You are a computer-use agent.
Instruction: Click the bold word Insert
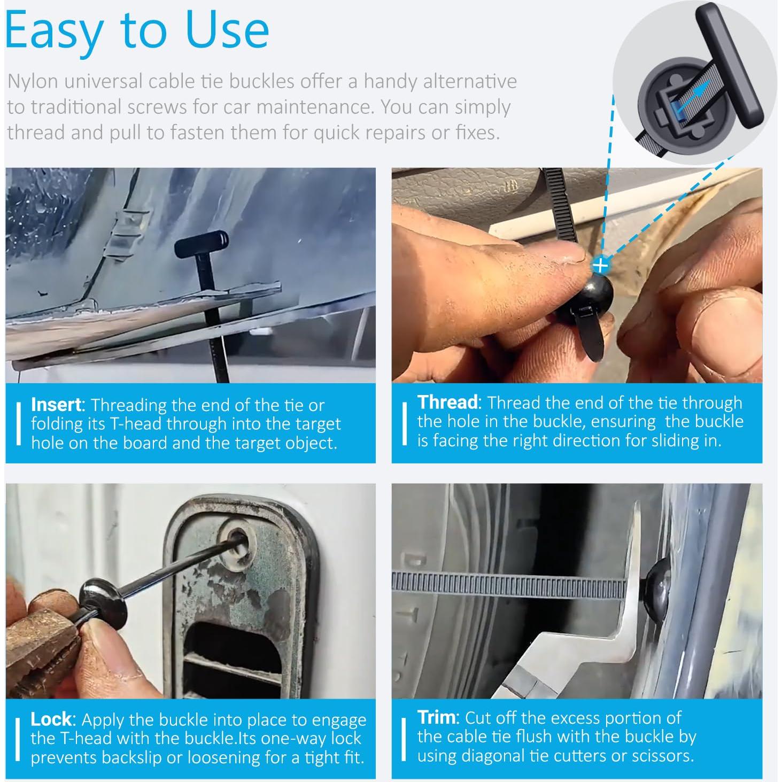(56, 405)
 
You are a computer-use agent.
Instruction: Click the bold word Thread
(447, 402)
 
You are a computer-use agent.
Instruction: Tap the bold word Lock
(51, 719)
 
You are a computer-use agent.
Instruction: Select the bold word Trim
(437, 717)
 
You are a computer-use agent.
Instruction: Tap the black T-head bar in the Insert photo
(202, 244)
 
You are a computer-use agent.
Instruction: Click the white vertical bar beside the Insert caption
(18, 424)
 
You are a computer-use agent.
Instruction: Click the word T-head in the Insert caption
(135, 424)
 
